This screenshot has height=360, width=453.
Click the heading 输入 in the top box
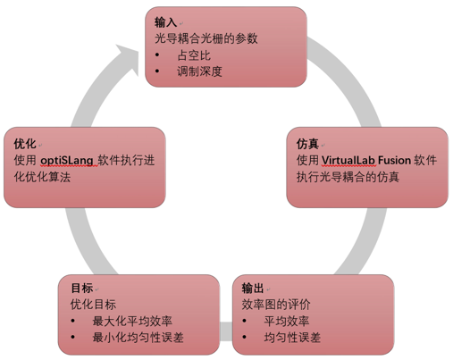coord(165,22)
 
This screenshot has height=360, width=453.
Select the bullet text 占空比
coord(194,55)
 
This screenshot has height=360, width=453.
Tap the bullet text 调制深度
coord(199,71)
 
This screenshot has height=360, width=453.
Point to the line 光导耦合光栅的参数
coord(206,38)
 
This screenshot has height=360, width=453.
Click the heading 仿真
coord(307,144)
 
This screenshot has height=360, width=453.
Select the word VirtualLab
coord(348,161)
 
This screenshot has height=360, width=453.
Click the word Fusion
coord(395,161)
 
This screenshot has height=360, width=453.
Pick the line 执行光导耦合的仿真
coord(348,177)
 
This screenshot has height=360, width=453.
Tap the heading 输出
coord(253,289)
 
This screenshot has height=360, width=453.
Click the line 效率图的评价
coord(276,305)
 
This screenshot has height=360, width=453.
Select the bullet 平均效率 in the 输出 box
coord(287,321)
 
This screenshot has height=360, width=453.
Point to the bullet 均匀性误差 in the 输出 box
coord(292,338)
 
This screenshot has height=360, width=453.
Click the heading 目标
coord(82,289)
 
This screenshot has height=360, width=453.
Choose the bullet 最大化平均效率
coord(132,321)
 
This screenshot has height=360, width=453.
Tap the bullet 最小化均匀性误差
coord(138,338)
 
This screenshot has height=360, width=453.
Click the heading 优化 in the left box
coord(25,144)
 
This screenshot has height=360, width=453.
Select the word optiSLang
coord(67,161)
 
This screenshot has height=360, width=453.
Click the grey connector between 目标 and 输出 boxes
coord(226,331)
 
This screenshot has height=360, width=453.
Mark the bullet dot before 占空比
coord(157,54)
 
